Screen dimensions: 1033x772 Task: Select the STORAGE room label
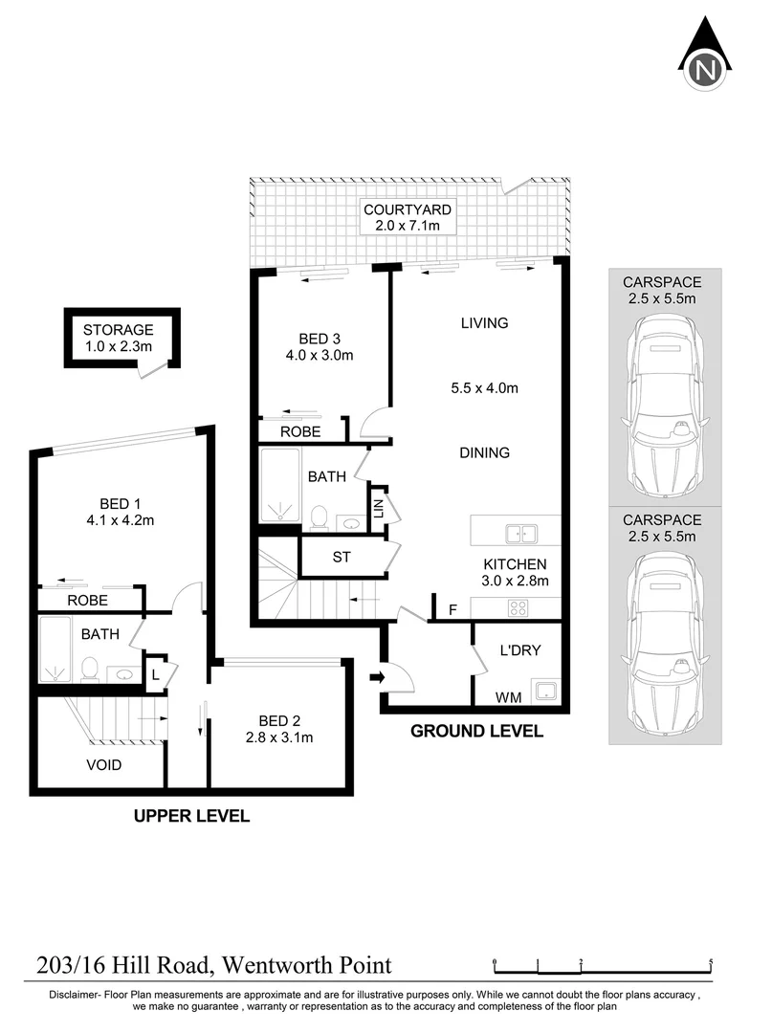118,330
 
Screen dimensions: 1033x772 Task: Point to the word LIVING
484,323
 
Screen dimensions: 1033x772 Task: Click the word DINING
484,452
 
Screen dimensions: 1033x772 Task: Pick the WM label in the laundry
508,697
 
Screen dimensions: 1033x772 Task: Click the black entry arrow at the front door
378,677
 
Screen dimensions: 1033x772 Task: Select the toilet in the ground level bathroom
320,517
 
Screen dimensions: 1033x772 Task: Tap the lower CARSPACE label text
661,520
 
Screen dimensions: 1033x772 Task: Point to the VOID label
104,765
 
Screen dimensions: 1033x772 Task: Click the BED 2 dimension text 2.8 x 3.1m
278,737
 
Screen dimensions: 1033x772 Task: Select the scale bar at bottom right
603,965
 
